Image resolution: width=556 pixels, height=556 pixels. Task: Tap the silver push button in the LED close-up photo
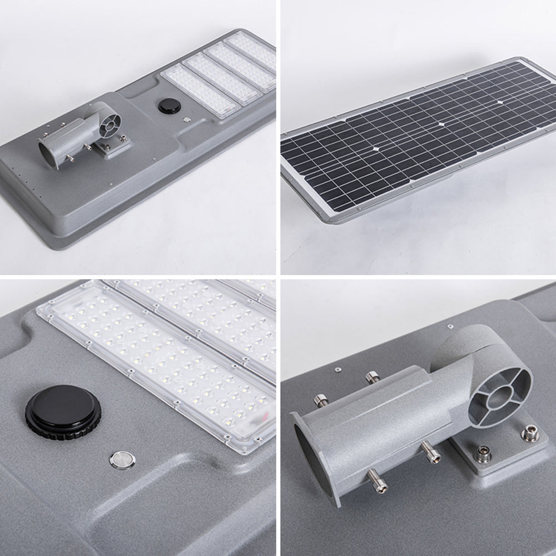(118, 459)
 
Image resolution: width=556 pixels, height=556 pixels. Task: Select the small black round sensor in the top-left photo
(169, 106)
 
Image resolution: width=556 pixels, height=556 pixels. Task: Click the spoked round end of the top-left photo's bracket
(110, 122)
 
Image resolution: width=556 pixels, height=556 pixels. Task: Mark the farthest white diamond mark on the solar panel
(500, 102)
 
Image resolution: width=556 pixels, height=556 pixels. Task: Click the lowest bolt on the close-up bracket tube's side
(378, 480)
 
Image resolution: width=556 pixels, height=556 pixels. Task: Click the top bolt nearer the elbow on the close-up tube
(373, 377)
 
